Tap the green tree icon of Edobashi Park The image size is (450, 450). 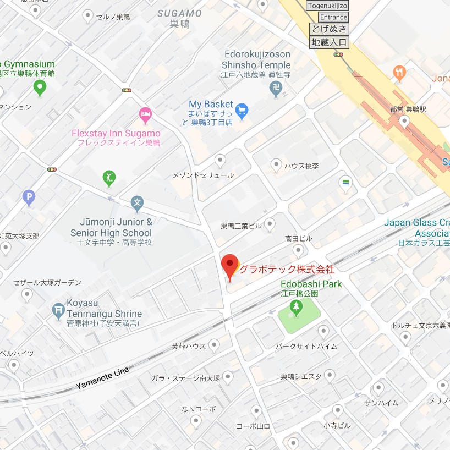(297, 308)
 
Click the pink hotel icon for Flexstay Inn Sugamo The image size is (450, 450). (145, 115)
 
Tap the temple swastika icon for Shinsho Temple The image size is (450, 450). (277, 89)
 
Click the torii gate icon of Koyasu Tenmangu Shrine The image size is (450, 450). (58, 310)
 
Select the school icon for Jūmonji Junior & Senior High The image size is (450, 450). (138, 204)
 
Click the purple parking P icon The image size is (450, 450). (28, 196)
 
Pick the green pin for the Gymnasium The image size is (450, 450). (39, 86)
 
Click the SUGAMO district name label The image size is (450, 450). (179, 13)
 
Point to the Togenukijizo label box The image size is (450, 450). (328, 6)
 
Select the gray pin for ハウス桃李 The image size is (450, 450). (277, 164)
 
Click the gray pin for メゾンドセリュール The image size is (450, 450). (221, 160)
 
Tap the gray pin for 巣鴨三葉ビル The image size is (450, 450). (270, 223)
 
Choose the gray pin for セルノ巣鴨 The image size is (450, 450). (87, 16)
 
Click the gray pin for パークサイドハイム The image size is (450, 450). (323, 331)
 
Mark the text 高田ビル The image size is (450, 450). (298, 239)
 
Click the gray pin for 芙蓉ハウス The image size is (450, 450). (214, 344)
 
